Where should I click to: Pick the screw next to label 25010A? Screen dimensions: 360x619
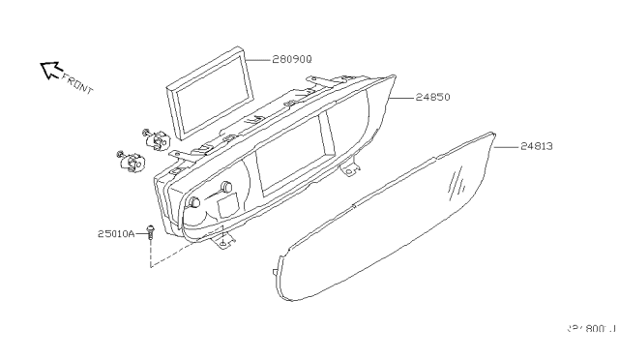(x=152, y=232)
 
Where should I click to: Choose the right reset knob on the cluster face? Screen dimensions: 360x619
(x=227, y=188)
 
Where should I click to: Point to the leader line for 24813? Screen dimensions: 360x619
(x=507, y=146)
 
